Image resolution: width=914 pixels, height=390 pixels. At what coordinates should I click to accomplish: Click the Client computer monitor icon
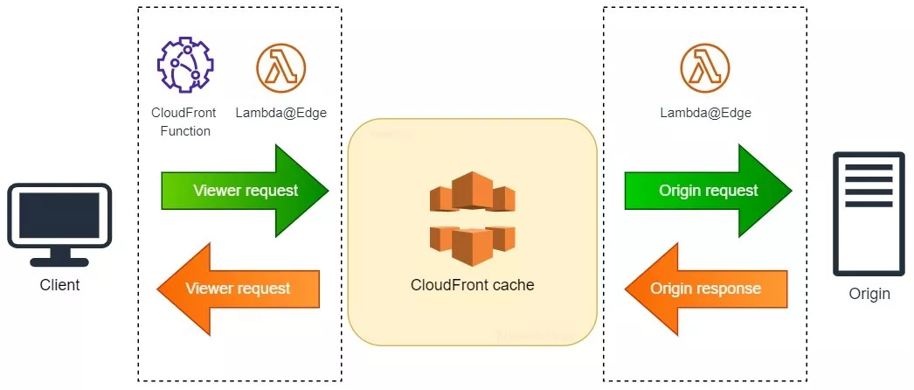[59, 219]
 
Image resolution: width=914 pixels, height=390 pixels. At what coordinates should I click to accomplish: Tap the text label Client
[59, 285]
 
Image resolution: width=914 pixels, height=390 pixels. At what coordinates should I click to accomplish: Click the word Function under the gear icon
[183, 131]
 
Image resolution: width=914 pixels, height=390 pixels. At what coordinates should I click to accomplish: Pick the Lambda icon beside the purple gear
[274, 66]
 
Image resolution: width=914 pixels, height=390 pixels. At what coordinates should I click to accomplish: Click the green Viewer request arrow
[246, 191]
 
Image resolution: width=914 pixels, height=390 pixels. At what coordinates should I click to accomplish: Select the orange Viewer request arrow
[239, 288]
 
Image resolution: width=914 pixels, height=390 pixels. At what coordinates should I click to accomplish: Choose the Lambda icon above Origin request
[704, 66]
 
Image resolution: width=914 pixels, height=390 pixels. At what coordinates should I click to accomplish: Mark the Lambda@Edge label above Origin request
[704, 113]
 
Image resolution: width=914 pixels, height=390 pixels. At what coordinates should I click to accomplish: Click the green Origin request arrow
[708, 191]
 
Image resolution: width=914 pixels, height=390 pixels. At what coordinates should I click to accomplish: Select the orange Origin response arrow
[706, 289]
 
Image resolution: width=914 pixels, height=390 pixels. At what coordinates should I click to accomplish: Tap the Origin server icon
[869, 214]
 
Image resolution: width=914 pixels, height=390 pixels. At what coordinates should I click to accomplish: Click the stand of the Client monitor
[59, 257]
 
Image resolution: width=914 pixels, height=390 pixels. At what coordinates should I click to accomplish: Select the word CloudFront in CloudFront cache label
[450, 285]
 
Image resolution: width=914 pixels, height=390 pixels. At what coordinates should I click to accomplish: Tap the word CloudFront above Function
[183, 113]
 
